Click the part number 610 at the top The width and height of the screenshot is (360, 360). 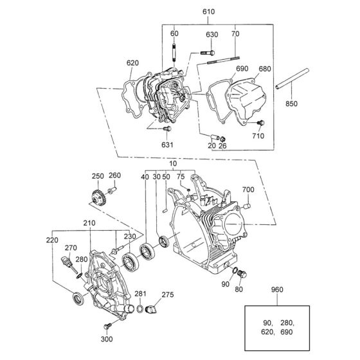point(209,12)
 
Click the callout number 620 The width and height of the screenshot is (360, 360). point(132,62)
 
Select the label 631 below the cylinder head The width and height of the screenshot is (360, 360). point(167,145)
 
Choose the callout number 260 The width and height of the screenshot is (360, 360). point(114,176)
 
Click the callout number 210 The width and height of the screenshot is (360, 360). point(88,224)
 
